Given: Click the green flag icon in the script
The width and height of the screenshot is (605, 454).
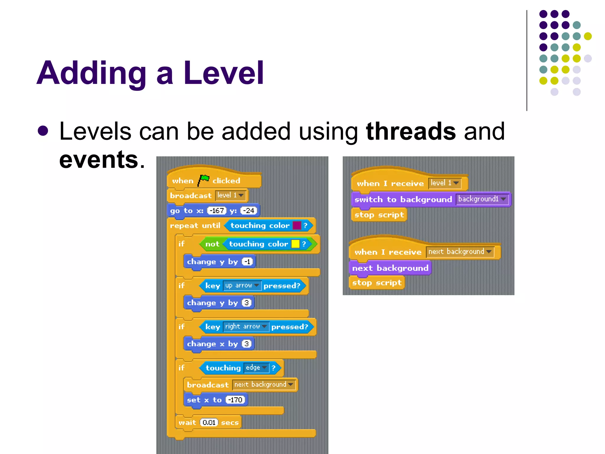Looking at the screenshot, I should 204,180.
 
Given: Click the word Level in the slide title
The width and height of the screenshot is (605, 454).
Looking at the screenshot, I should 223,73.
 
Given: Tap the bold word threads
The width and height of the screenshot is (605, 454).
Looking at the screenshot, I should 411,131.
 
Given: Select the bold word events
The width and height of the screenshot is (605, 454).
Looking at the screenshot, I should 99,160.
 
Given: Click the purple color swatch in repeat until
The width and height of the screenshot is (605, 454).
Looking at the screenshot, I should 297,226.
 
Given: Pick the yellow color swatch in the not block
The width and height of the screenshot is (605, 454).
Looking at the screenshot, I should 295,244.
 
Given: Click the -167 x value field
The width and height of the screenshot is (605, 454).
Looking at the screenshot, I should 217,211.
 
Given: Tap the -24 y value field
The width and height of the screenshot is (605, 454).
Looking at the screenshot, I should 249,211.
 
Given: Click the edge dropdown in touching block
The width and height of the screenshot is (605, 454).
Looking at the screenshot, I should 256,368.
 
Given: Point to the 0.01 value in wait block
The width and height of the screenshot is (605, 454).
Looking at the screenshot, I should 209,422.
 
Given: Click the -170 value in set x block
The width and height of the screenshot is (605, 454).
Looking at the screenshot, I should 235,400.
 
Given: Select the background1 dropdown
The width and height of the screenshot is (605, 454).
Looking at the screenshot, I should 482,199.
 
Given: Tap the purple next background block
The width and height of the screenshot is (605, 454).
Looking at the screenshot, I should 390,268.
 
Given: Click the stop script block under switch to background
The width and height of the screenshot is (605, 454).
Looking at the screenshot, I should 379,215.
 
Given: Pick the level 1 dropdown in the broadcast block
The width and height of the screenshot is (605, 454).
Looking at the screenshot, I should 230,195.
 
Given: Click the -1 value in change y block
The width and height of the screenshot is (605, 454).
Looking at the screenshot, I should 247,262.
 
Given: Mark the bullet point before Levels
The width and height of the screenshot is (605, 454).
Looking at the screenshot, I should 43,131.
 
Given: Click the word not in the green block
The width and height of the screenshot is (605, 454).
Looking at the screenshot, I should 212,244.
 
